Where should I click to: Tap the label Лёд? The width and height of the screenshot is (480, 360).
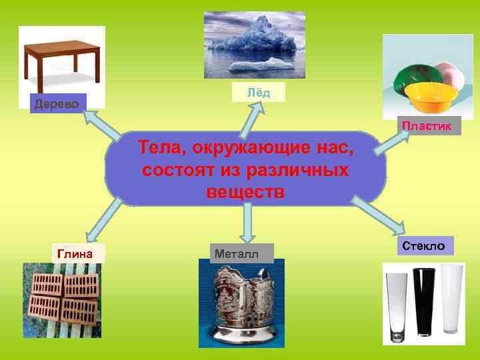click(259, 93)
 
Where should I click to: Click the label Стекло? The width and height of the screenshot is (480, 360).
click(427, 245)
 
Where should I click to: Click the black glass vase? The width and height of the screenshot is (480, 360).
click(423, 300)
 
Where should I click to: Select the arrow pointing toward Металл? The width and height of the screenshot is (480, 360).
click(247, 221)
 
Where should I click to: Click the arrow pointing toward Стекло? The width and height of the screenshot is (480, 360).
click(376, 217)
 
